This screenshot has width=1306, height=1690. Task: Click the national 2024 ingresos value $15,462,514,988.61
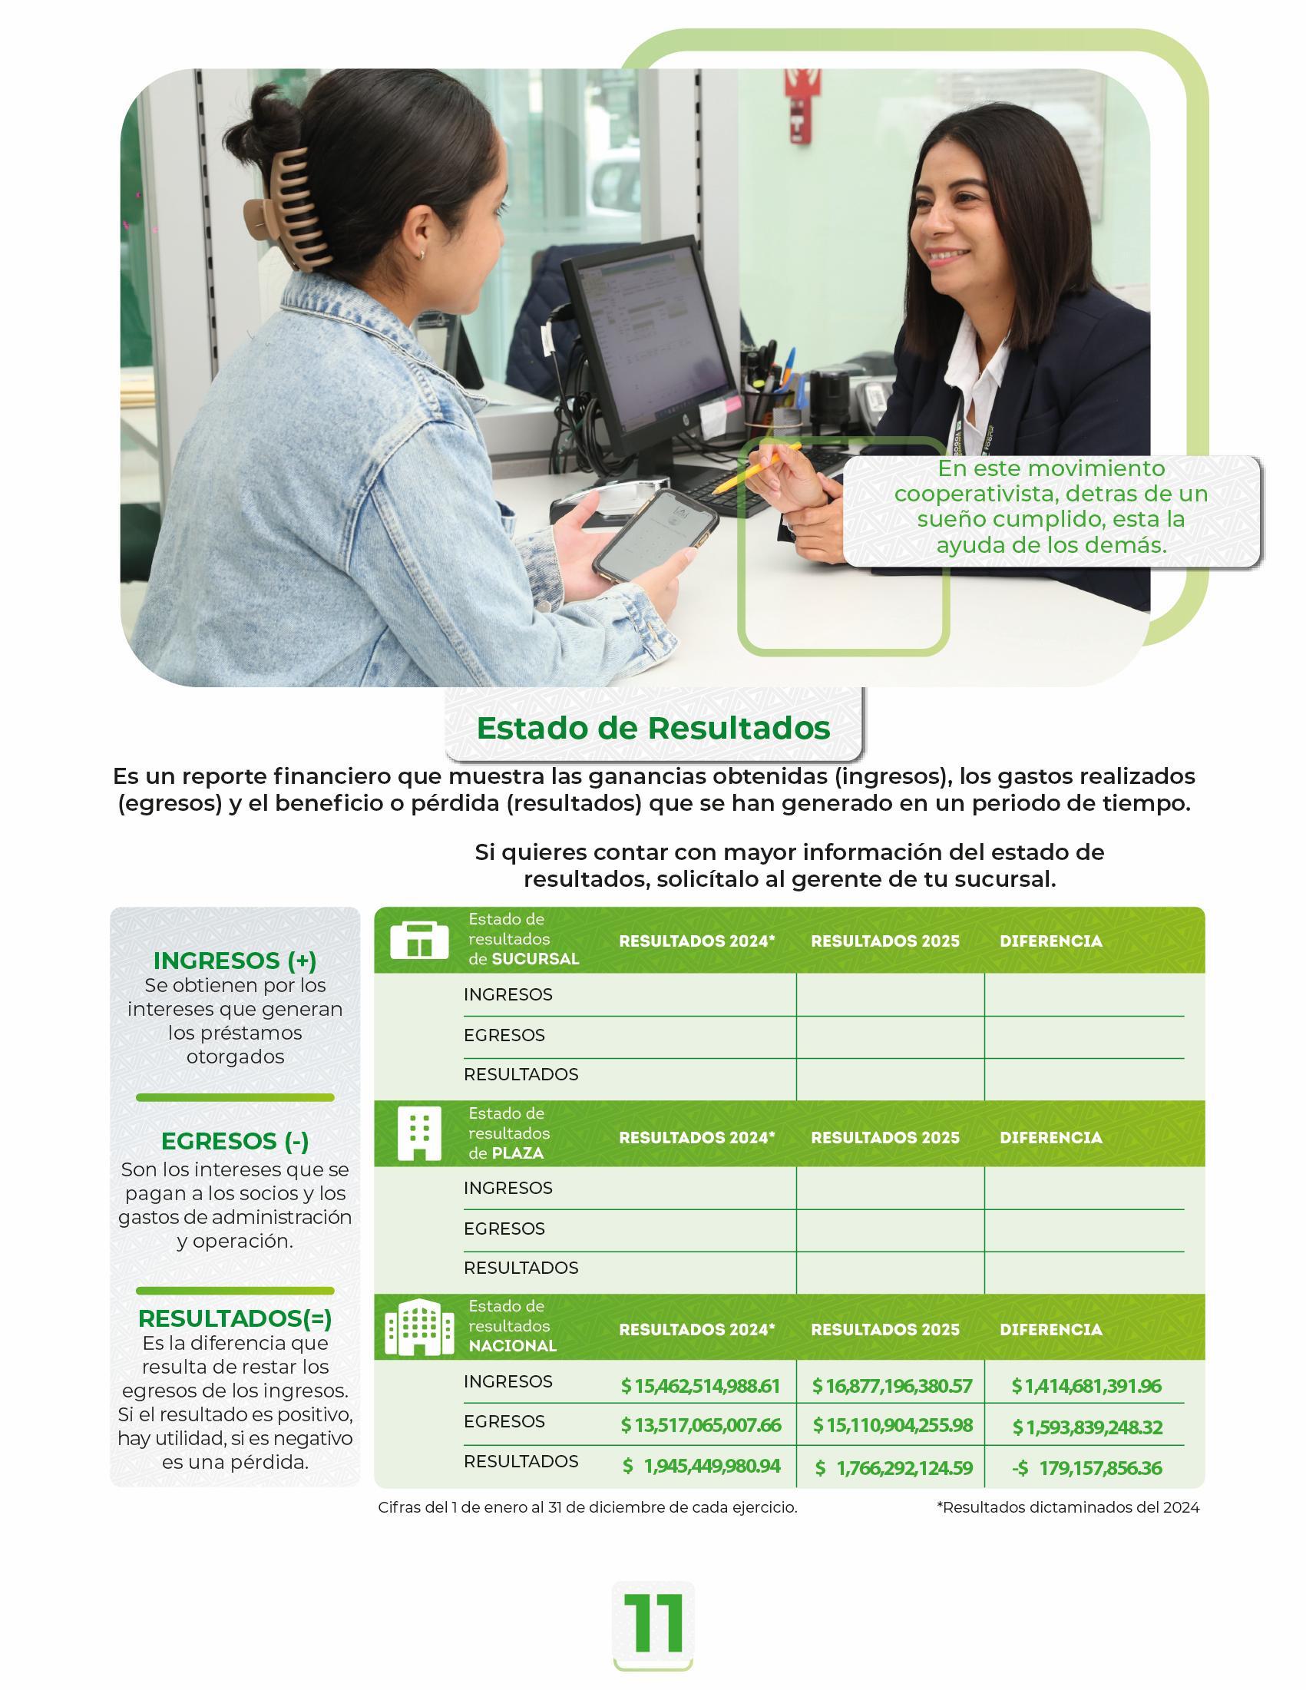click(x=700, y=1386)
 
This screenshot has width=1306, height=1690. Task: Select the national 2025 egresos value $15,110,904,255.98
click(x=892, y=1425)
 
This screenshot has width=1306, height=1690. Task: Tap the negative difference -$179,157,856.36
click(x=1086, y=1468)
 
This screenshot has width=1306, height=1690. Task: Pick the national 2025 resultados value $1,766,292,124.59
click(x=892, y=1468)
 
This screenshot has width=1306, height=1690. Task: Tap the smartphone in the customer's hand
click(x=656, y=533)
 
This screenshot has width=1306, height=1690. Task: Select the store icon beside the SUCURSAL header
click(x=419, y=940)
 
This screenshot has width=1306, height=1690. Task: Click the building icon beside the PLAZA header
click(x=419, y=1133)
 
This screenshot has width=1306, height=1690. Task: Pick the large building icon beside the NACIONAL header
click(x=419, y=1327)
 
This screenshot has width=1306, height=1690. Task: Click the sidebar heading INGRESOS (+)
click(x=235, y=961)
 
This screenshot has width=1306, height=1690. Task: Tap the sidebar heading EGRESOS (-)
click(x=235, y=1141)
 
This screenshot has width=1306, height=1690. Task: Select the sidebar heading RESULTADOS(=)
click(x=235, y=1318)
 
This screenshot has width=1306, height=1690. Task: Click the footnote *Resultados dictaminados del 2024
click(x=1068, y=1507)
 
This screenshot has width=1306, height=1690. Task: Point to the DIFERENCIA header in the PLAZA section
click(x=1050, y=1137)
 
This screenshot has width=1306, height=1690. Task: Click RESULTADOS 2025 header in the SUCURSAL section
click(x=885, y=941)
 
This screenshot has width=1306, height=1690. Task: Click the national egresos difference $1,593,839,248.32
click(x=1086, y=1427)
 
